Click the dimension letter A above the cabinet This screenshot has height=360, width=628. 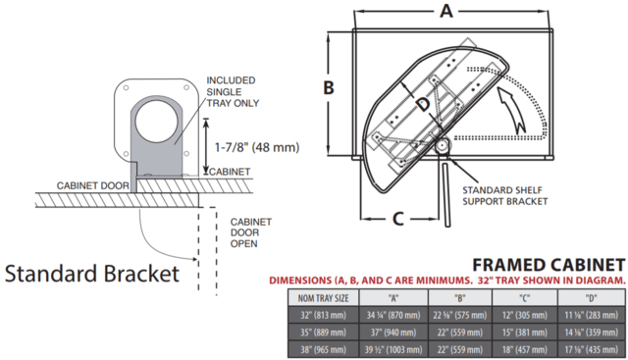[446, 11]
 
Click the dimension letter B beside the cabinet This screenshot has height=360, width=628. [329, 87]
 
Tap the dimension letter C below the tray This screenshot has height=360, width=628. [397, 219]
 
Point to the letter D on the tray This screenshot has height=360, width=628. [423, 105]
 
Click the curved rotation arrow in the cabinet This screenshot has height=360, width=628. [514, 108]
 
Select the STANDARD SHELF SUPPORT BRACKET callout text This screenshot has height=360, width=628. [504, 196]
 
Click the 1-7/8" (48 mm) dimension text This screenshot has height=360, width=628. [257, 147]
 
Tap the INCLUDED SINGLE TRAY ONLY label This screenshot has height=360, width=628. [233, 91]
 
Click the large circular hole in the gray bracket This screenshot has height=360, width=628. [156, 121]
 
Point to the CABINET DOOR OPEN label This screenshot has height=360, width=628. [251, 232]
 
